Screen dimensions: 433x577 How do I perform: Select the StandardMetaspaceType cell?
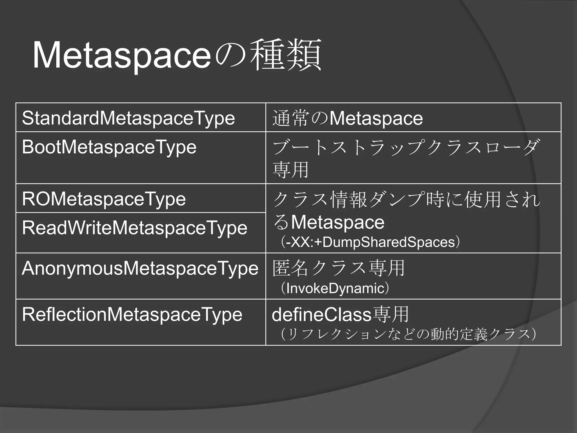click(128, 118)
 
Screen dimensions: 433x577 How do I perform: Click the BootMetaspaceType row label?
click(109, 147)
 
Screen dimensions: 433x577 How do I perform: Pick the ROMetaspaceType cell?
click(104, 199)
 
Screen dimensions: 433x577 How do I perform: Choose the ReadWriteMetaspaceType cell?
click(134, 228)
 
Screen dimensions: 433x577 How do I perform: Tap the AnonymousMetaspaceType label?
click(140, 268)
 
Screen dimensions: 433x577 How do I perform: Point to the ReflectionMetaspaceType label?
click(132, 314)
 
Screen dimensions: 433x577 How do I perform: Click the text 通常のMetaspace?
click(348, 118)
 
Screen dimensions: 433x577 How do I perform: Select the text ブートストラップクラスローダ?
click(406, 147)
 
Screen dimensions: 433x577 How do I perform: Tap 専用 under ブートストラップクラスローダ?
click(290, 170)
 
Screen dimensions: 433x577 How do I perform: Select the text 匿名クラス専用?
click(339, 268)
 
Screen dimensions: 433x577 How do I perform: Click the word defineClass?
click(321, 315)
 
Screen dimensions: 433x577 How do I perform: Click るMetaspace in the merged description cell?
click(329, 222)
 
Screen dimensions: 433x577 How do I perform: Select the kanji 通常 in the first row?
click(290, 118)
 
